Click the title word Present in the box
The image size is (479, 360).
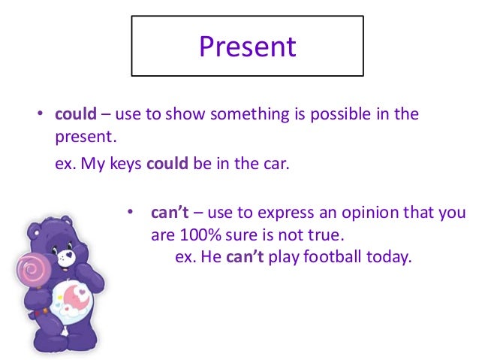(x=247, y=47)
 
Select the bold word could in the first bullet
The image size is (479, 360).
(x=76, y=114)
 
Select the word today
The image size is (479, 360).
(x=390, y=256)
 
